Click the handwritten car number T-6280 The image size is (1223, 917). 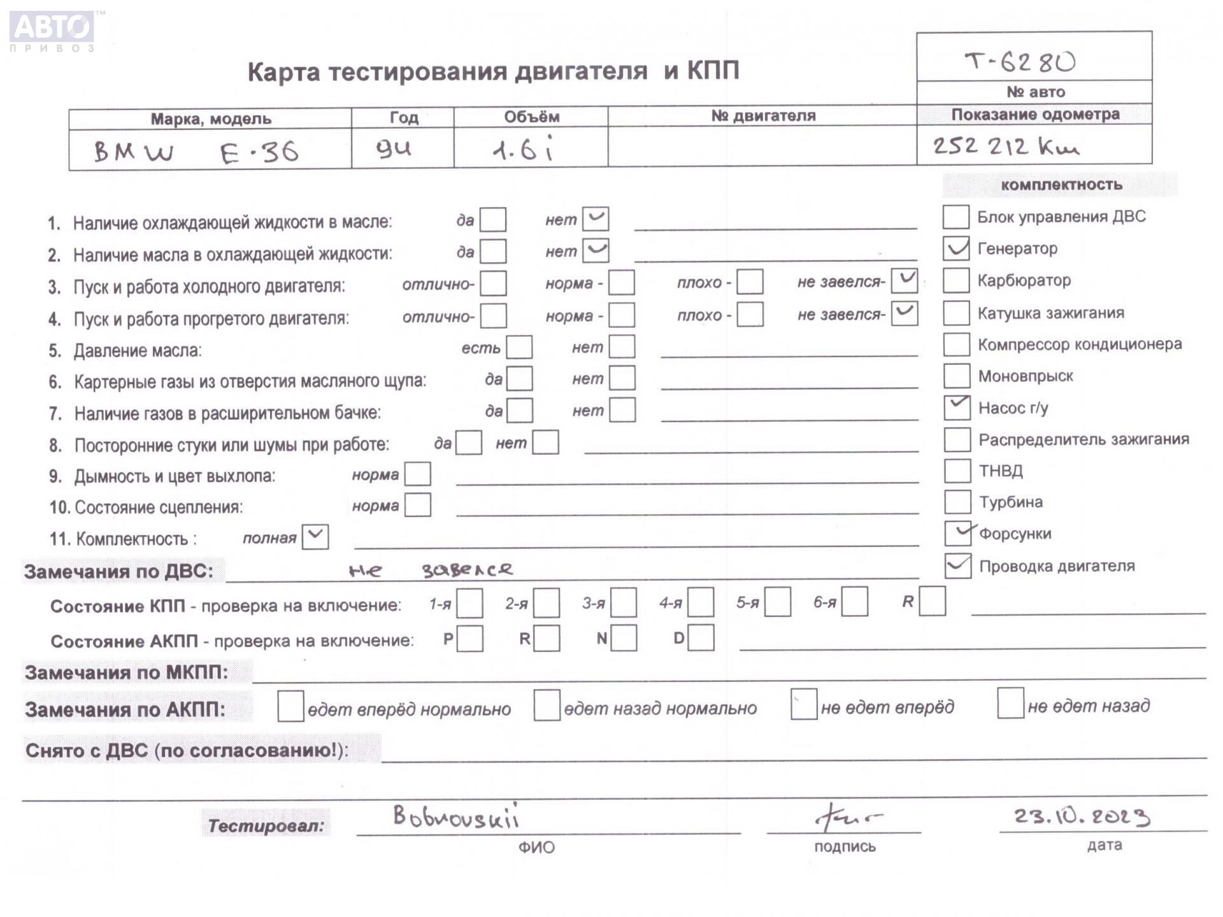point(1020,62)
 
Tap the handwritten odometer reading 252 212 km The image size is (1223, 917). point(1006,147)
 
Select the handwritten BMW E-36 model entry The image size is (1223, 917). point(196,152)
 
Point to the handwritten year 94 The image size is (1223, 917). point(394,150)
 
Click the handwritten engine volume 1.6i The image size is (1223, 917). point(523,150)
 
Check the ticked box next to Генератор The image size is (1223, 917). point(956,248)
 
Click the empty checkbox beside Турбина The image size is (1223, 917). point(957,502)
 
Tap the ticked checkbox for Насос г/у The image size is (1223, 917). point(957,408)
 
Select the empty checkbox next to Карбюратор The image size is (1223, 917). point(956,280)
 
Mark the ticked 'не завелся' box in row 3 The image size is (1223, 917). point(904,281)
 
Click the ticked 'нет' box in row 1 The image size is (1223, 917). point(596,219)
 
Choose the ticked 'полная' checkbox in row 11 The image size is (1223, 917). point(315,537)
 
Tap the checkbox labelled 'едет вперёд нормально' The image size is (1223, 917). point(290,707)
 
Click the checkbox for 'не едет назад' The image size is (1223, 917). point(1010,704)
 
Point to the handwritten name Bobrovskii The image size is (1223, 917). point(455,816)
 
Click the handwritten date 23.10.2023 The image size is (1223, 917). point(1081,816)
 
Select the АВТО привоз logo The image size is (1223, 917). point(53,31)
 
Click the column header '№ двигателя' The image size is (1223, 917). point(762,116)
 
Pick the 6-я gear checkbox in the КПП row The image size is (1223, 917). point(854,602)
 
